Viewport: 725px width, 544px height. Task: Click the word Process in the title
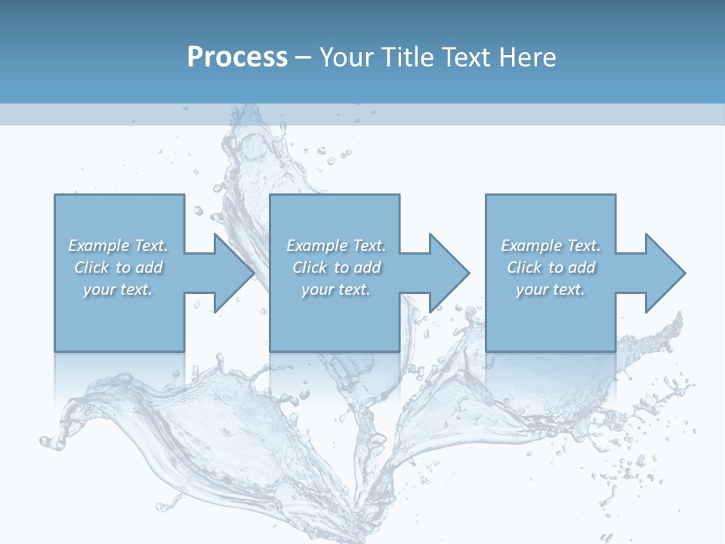point(237,57)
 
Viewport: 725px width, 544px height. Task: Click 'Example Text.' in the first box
point(118,246)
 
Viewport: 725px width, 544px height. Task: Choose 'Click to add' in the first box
point(119,267)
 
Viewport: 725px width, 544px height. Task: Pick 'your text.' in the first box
point(118,289)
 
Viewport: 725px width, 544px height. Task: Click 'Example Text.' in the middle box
point(336,246)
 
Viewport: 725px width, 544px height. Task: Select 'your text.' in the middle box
point(336,289)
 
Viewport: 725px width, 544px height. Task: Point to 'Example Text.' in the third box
point(551,246)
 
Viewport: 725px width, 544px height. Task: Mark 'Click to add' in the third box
point(551,267)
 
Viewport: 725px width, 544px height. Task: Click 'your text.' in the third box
point(551,289)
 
